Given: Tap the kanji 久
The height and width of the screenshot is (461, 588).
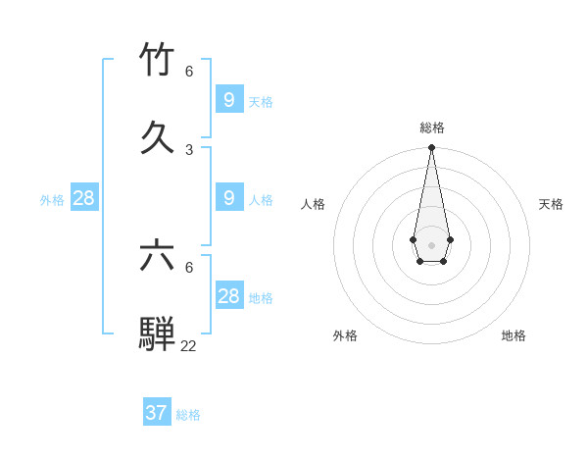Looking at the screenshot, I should coord(157,137).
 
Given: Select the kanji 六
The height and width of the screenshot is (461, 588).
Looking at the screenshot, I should coord(157,257).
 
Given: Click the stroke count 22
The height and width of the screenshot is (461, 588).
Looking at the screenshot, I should coord(188,345).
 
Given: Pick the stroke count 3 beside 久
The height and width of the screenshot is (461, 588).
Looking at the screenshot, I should coord(189,149).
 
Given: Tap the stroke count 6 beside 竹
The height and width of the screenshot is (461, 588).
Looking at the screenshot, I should coord(189,71).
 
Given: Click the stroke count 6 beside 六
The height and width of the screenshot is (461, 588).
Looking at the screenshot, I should coord(189,267).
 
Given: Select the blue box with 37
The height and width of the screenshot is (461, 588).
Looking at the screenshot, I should coord(157,413).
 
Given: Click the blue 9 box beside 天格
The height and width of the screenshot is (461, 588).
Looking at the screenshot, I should coord(229,99).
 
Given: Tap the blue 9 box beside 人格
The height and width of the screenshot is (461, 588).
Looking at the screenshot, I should coord(229,198).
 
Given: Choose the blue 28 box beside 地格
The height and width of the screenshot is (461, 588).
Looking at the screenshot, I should coord(229,295).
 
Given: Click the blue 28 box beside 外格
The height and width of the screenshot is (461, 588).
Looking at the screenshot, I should coord(84,198).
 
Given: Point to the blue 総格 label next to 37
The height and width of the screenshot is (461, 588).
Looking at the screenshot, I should coord(188,415).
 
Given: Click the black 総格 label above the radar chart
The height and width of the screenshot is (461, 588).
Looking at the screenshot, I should coord(432,128).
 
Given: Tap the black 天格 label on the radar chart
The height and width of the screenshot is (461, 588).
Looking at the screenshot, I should coord(551,204).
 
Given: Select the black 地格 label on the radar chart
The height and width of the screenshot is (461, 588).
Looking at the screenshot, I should coord(514,335).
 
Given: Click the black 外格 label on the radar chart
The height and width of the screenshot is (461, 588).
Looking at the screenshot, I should coord(345,335).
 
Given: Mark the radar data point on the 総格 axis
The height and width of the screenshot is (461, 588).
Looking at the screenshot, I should coord(431,147).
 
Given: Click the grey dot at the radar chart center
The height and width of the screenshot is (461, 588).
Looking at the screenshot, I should coord(431,245).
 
